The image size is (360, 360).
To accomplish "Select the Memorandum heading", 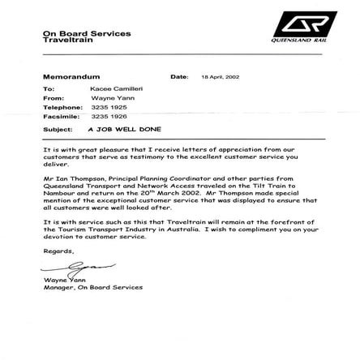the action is (x=69, y=76).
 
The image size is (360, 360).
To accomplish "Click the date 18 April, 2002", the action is (x=220, y=76).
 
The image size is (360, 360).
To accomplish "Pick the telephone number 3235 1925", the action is (x=109, y=107).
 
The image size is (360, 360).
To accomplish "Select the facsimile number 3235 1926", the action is (x=109, y=116).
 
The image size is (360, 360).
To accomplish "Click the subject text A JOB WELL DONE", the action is (x=124, y=129).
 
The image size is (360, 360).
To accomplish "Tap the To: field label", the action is (x=49, y=88).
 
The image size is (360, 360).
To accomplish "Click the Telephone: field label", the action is (x=62, y=107).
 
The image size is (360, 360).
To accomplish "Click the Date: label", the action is (x=179, y=76).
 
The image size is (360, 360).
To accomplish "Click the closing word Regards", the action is (x=58, y=251).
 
